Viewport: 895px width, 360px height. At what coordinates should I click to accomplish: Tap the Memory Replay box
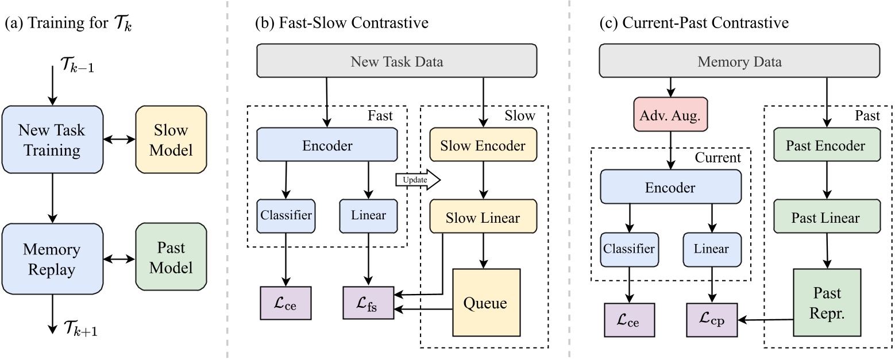coord(52,259)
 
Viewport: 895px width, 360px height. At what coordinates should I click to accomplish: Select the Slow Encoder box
coord(483,146)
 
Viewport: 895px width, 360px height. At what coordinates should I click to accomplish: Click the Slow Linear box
coord(483,218)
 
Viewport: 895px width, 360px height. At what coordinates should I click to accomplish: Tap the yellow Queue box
coord(486,303)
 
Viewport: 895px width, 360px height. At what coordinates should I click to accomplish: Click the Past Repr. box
coord(827,303)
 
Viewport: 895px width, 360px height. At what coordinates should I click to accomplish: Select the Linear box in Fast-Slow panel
coord(368,216)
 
